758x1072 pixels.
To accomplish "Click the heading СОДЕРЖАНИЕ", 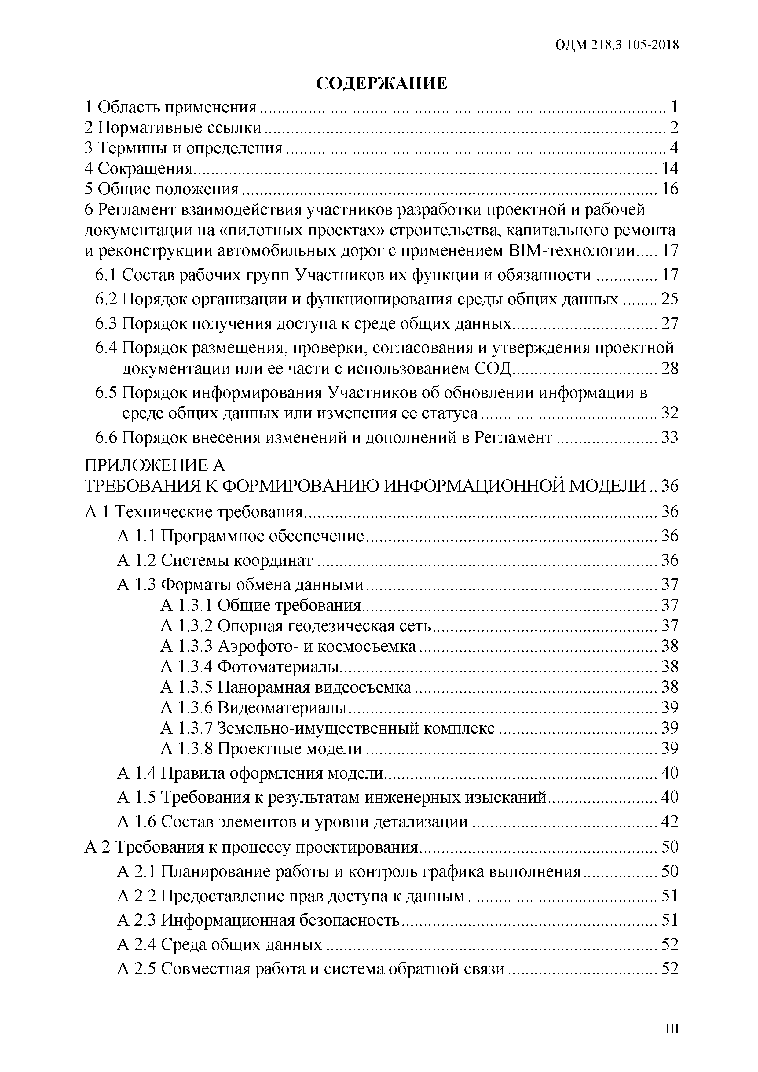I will (x=381, y=83).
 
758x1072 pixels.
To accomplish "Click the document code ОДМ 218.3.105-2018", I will (x=617, y=45).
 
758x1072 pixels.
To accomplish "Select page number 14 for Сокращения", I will (x=669, y=168).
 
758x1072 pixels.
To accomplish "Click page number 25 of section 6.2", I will (x=669, y=299).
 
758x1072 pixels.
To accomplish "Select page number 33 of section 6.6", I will (x=669, y=437).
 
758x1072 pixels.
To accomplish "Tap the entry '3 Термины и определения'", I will (x=183, y=148).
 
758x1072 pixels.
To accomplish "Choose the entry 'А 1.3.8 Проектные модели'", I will (x=261, y=748).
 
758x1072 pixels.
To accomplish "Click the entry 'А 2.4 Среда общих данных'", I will (x=219, y=945).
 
